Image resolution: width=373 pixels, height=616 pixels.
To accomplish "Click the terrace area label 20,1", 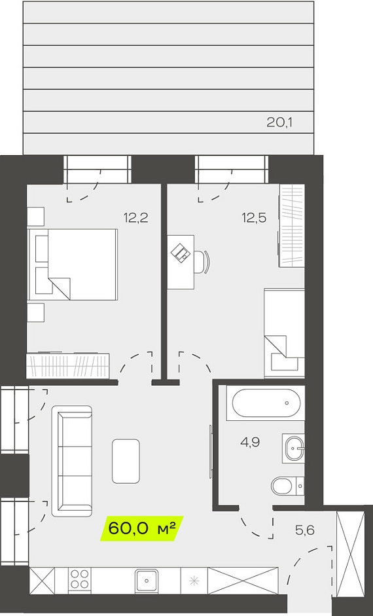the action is click(x=279, y=123).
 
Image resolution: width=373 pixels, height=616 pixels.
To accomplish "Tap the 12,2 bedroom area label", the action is click(x=135, y=217).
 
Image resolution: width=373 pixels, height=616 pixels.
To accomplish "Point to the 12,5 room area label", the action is click(x=254, y=217).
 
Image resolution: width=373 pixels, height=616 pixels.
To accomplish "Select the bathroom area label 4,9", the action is click(x=250, y=443).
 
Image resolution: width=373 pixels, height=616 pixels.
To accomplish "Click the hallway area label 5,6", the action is click(x=305, y=530).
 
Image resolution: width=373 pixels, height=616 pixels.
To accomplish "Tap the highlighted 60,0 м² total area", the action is click(x=141, y=528).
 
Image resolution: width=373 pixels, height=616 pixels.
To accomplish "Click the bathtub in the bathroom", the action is click(x=266, y=403).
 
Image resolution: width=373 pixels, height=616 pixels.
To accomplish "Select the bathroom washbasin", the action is click(x=294, y=448).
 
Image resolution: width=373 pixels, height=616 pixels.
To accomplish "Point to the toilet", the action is click(x=287, y=486).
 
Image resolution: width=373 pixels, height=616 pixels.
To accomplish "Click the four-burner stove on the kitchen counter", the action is click(x=79, y=579).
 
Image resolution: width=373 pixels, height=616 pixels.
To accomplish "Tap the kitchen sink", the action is click(x=147, y=580).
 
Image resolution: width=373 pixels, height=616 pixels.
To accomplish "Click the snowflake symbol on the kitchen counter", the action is click(x=194, y=580).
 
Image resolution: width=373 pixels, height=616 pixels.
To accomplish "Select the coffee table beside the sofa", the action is click(x=126, y=461).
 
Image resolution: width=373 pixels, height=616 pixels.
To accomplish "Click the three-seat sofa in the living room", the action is click(x=72, y=460).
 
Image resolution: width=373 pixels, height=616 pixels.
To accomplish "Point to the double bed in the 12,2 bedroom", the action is click(x=73, y=264).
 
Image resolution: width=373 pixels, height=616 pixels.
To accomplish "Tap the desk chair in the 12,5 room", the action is click(x=203, y=261).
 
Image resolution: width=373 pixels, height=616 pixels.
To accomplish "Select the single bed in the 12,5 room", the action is click(x=284, y=333).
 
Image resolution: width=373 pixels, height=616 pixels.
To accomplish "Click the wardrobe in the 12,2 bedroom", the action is click(x=67, y=366).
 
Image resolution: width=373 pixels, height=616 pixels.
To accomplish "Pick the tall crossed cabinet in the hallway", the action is click(x=351, y=553).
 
